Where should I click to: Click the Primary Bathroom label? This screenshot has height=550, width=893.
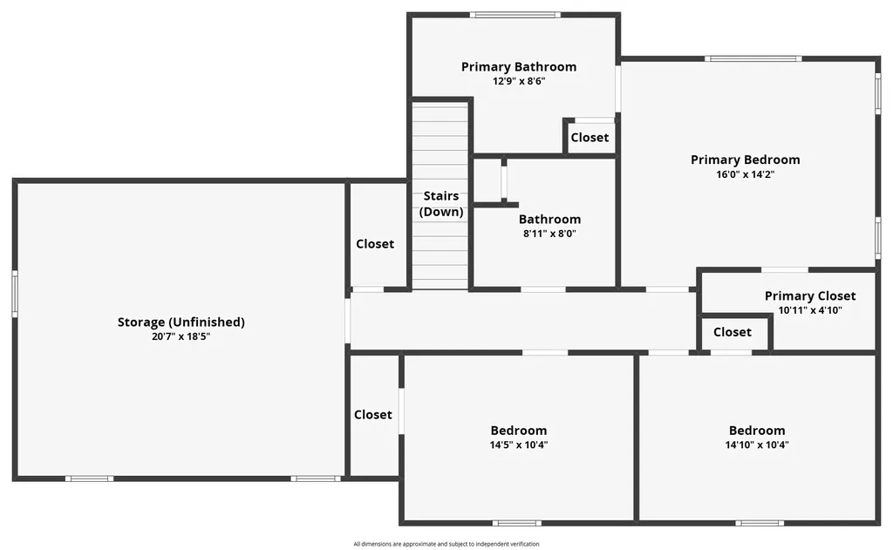pos(518,67)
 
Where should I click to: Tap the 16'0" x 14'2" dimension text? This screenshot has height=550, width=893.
pos(745,174)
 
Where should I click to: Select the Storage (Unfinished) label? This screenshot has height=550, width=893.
pos(181,323)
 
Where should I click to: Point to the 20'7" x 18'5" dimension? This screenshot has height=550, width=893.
pos(181,336)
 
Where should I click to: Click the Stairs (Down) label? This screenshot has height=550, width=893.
pos(441,204)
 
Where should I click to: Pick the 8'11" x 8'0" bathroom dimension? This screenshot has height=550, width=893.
pos(549,234)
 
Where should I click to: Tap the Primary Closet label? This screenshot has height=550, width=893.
pos(810,296)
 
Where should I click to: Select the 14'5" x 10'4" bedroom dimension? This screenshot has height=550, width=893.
pos(519,445)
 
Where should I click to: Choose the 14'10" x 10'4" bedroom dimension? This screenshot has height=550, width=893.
pos(757,445)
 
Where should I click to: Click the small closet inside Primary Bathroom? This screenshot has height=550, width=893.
pos(590,138)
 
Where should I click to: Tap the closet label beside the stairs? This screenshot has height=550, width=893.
pos(375,244)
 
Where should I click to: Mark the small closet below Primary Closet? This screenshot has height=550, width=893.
pos(733,332)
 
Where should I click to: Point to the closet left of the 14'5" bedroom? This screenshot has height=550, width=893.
pos(373,415)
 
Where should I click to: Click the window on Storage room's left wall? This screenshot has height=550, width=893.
pos(15,294)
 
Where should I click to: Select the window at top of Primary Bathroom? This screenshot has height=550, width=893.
pos(515,15)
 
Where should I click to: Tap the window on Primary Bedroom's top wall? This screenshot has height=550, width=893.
pos(753,59)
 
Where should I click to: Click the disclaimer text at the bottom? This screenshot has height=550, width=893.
pos(446,544)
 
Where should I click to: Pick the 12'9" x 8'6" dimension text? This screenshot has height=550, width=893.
pos(518,81)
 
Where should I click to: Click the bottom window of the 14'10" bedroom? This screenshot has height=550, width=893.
pos(758,523)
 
